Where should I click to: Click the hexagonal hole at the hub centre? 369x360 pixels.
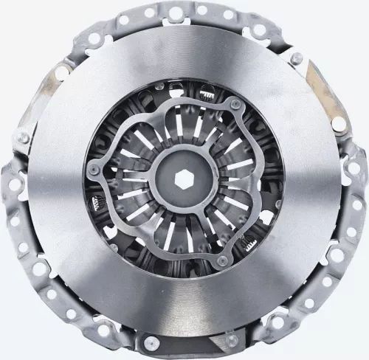184,180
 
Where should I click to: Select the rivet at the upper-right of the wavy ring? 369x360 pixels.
235,108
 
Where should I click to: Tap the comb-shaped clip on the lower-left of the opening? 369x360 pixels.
97,204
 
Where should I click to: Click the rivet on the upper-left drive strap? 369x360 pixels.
24,137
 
